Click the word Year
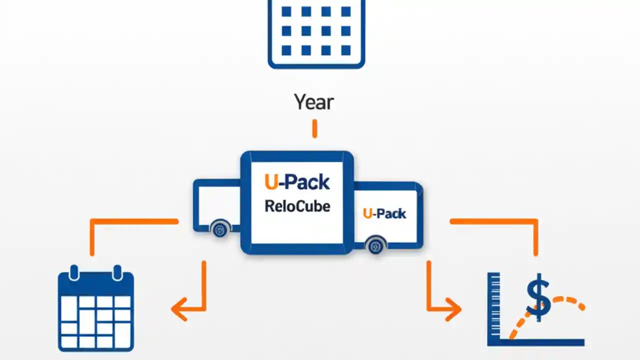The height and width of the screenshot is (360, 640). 313,102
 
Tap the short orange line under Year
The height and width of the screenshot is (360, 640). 314,128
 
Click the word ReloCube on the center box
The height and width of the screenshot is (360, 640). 297,206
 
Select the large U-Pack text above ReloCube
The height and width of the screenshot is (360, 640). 297,182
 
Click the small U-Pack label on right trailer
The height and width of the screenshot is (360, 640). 384,213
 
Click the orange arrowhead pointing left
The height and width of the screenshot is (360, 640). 179,308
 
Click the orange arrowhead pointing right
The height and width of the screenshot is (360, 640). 453,308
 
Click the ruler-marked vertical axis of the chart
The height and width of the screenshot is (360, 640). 493,305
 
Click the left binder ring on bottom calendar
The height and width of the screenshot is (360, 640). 74,273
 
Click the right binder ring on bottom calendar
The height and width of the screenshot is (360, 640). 117,273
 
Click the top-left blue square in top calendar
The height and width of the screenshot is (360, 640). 286,11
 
